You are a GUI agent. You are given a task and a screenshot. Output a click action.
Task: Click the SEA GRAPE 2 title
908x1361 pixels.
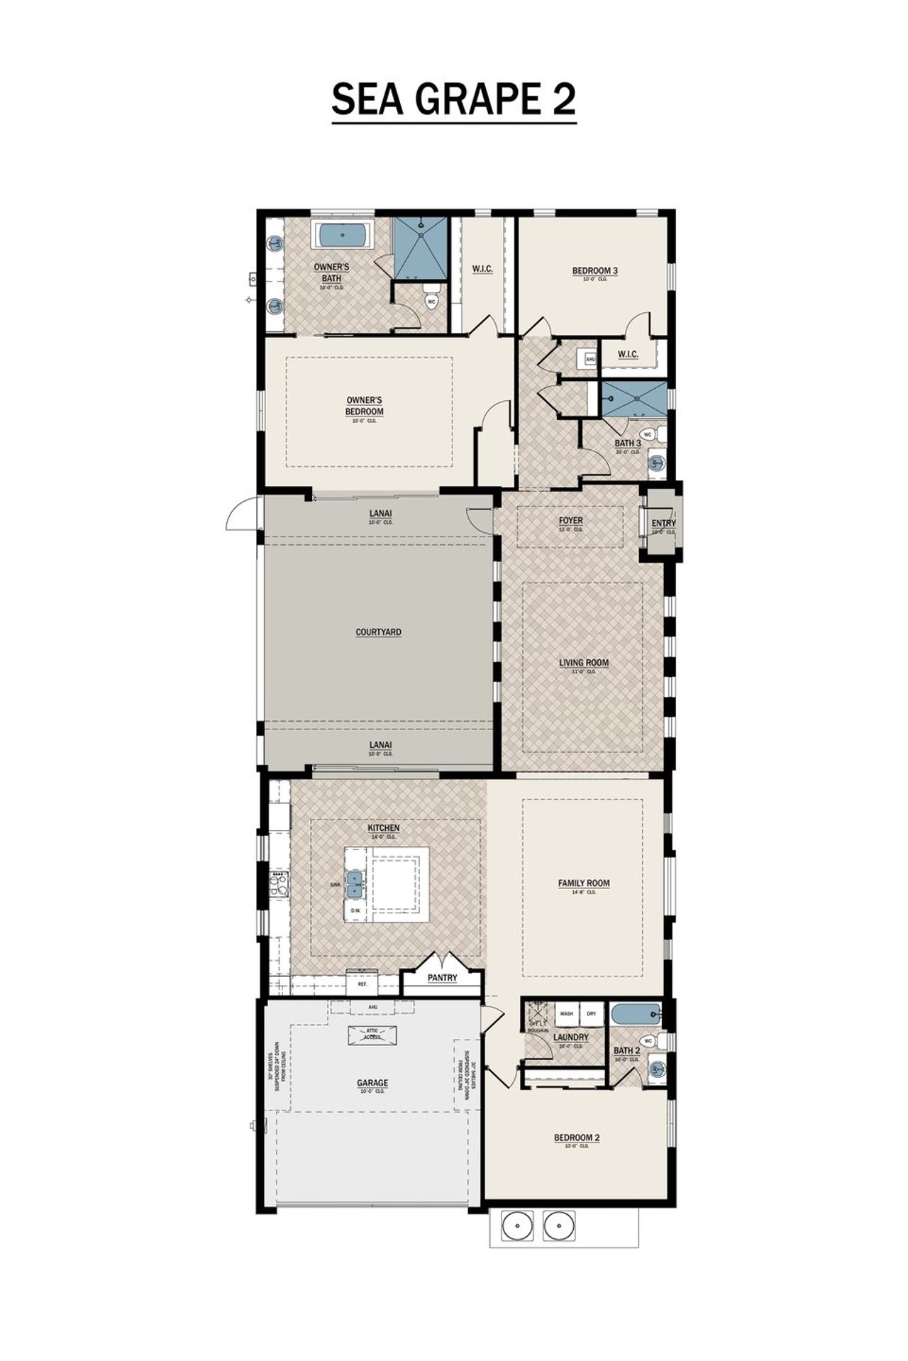coord(453,99)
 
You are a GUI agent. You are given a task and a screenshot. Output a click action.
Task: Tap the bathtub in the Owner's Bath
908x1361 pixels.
coord(343,235)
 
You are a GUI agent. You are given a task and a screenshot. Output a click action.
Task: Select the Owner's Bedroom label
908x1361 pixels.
coord(364,407)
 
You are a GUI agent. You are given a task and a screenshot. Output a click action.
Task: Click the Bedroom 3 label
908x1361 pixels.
coord(594,270)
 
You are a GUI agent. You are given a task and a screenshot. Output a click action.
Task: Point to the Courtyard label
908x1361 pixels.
coord(378,632)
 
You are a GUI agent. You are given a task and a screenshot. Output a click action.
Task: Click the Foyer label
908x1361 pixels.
coord(570,521)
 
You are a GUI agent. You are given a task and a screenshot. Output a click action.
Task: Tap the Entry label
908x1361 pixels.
coord(663,524)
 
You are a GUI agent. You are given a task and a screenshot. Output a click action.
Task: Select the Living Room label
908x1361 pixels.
coord(583,663)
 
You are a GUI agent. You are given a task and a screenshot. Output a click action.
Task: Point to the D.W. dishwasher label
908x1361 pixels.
coord(355,910)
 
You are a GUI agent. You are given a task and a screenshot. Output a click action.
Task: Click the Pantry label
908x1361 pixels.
coord(442,978)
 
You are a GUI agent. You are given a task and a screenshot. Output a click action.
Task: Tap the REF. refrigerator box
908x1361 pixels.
coord(362,984)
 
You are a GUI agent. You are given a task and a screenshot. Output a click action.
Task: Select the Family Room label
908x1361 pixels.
coord(583,883)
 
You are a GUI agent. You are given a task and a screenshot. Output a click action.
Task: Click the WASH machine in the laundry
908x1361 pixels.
coord(567,1014)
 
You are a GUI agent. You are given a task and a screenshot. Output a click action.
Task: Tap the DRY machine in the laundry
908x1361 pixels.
coord(592,1014)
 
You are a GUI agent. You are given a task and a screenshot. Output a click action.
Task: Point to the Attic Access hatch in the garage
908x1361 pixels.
coord(372,1035)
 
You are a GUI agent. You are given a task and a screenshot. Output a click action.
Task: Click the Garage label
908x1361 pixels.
coord(372,1083)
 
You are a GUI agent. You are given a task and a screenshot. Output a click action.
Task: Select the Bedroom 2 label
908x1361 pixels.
coord(576,1138)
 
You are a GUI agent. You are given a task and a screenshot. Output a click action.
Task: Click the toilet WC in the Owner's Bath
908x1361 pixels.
coord(431,301)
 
